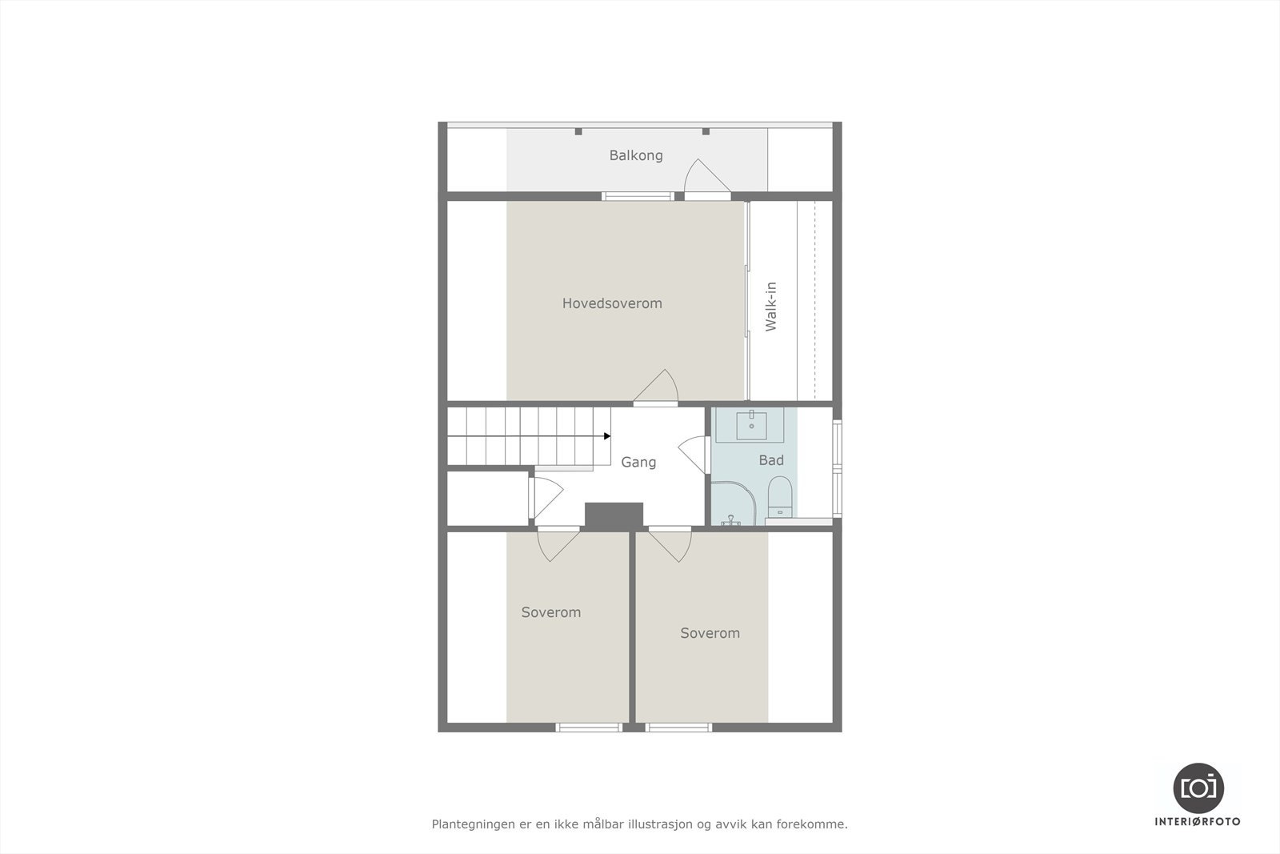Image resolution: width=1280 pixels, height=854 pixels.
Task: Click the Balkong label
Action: coord(636,155)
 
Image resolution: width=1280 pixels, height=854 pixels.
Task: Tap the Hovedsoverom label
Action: coord(612,303)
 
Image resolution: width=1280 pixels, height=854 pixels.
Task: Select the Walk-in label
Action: coord(771,307)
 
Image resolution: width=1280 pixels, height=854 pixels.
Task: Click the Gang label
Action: coord(638,462)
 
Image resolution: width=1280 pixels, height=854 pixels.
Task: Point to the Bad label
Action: coord(771,460)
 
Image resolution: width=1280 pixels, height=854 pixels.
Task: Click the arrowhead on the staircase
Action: coord(607,436)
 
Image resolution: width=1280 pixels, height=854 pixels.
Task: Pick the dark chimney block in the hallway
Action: coord(614,515)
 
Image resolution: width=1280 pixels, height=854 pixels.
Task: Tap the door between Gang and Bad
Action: coord(694,455)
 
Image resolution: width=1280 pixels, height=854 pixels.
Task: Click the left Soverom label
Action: coord(551,612)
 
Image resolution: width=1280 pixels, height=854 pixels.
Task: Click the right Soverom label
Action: coord(710,633)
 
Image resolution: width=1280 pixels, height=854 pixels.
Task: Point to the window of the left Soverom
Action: coord(589,727)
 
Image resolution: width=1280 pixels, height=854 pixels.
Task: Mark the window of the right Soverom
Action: coord(678,727)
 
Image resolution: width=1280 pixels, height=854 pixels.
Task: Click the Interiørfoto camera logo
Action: coord(1198,788)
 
